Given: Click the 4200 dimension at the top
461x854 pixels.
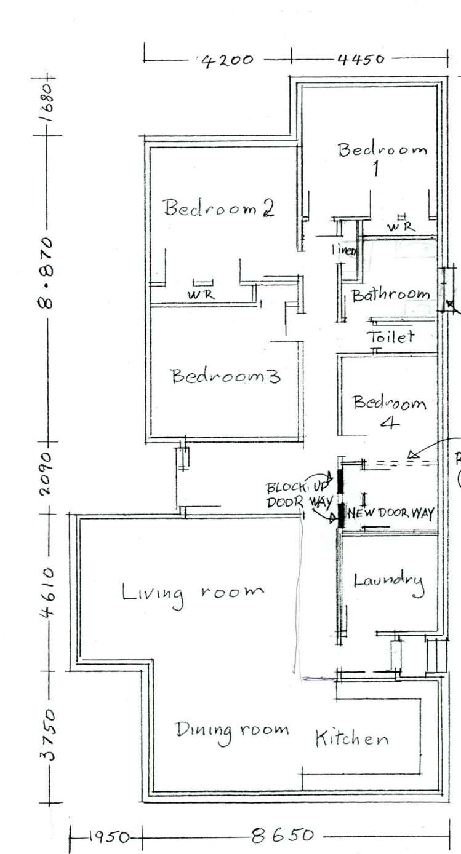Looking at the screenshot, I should [x=228, y=60].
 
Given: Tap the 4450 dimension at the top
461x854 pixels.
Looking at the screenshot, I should [x=361, y=60].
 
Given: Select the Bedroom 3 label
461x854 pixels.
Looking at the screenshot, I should [x=225, y=376].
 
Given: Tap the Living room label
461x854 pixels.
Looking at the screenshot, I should [x=193, y=594].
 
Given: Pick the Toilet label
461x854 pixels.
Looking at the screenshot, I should [x=390, y=337].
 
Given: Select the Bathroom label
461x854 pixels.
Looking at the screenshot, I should [x=390, y=295].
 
